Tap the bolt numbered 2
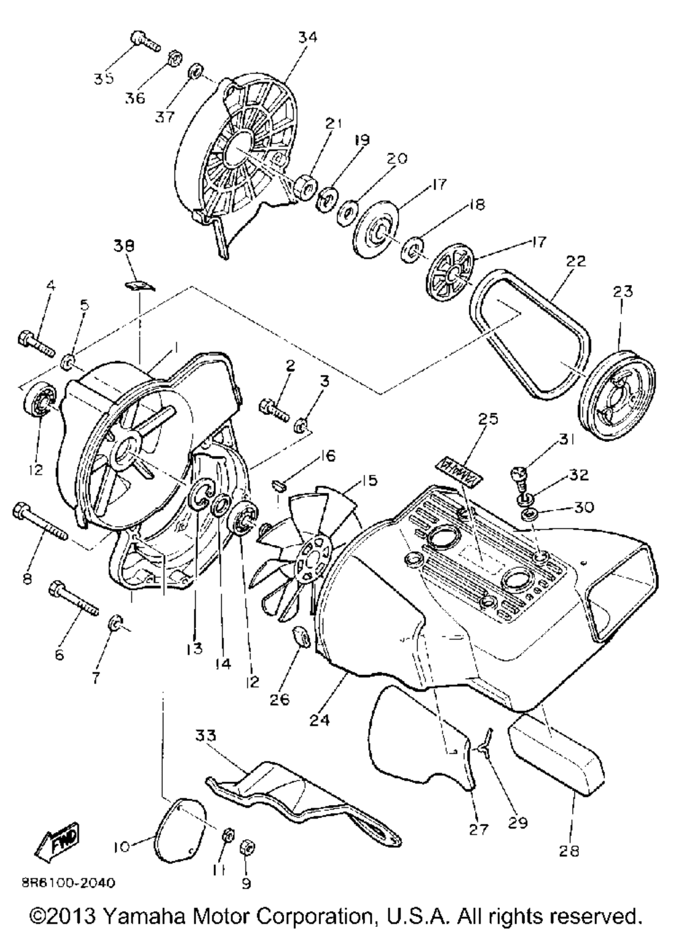(275, 408)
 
